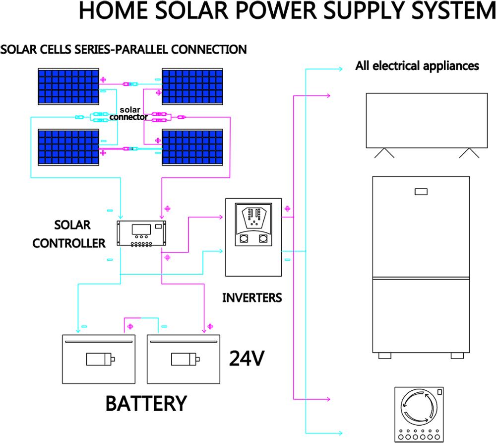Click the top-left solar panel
(69, 87)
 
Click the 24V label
(246, 358)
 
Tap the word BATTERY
(146, 403)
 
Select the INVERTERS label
(251, 298)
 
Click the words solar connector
(129, 114)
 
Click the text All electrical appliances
(417, 66)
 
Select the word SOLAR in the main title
(198, 11)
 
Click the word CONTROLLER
(69, 243)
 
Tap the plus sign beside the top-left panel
(104, 79)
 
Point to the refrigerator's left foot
(384, 356)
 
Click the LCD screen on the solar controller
(140, 230)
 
